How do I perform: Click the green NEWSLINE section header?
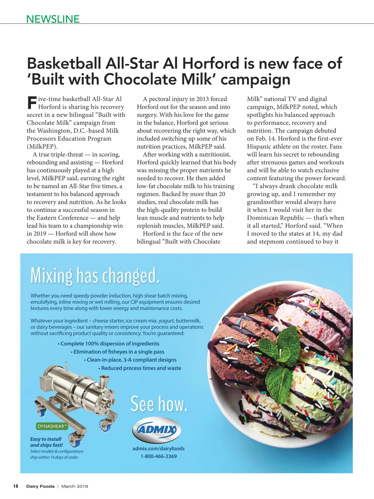pyautogui.click(x=53, y=19)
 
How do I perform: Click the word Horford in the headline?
pyautogui.click(x=210, y=63)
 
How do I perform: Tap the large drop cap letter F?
pyautogui.click(x=32, y=103)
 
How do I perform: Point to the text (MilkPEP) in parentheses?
pyautogui.click(x=42, y=147)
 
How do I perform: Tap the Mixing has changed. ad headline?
pyautogui.click(x=95, y=276)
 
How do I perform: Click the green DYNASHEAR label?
pyautogui.click(x=52, y=426)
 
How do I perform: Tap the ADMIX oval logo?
pyautogui.click(x=157, y=430)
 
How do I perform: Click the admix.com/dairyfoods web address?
pyautogui.click(x=158, y=448)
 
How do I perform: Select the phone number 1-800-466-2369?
pyautogui.click(x=158, y=456)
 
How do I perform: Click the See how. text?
pyautogui.click(x=159, y=404)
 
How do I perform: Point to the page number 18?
pyautogui.click(x=16, y=486)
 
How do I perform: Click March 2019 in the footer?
pyautogui.click(x=74, y=486)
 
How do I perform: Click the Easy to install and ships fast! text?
pyautogui.click(x=46, y=442)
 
